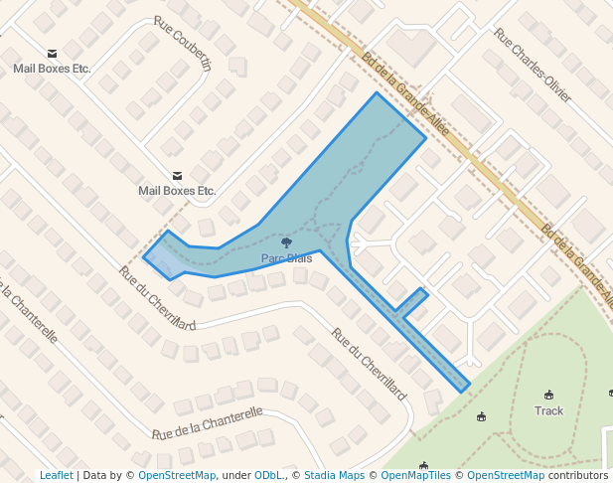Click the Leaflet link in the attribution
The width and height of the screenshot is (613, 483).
click(56, 476)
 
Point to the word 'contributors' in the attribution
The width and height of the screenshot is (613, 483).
click(578, 476)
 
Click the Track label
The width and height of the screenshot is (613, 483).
click(548, 410)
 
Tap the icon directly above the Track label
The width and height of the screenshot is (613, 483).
click(548, 395)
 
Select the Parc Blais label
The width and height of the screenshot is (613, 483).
click(286, 258)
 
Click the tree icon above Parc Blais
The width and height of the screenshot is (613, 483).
click(286, 242)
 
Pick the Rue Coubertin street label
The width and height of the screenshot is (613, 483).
click(183, 44)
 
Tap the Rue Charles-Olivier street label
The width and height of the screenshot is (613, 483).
click(533, 66)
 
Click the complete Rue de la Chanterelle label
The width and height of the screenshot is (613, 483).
click(207, 423)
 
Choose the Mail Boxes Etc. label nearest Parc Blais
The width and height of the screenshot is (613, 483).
click(177, 190)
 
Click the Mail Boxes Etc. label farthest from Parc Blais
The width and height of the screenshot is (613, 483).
click(52, 69)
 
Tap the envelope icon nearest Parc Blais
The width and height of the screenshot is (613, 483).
click(177, 175)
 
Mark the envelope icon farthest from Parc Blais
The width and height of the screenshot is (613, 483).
click(52, 54)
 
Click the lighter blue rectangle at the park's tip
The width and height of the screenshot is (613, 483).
click(165, 260)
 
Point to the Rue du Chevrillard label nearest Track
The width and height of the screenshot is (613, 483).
click(370, 365)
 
